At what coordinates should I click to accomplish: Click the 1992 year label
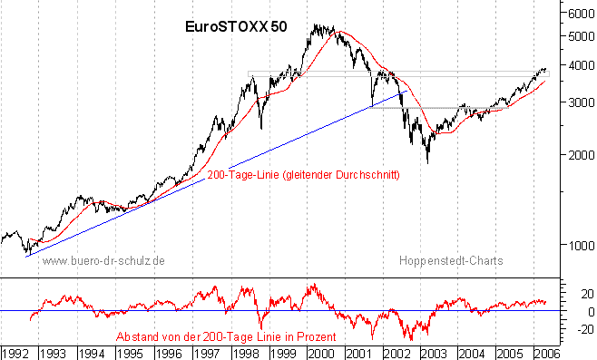pos(15,350)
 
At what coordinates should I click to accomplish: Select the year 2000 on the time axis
pos(322,350)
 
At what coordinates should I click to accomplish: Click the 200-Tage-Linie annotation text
pos(304,174)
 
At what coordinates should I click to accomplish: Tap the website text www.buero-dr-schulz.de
pos(104,260)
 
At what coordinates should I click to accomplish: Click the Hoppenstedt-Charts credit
pos(450,260)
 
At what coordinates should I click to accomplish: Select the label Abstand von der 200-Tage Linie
pos(226,336)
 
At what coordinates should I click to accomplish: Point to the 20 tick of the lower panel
pos(575,293)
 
